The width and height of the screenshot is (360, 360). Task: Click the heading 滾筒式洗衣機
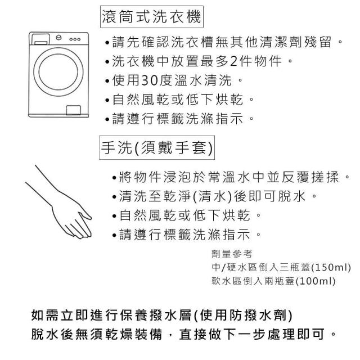click(151, 16)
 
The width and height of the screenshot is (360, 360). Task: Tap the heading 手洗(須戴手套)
click(157, 147)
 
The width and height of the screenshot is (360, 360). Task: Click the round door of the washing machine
click(58, 72)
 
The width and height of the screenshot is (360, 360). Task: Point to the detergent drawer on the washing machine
click(40, 39)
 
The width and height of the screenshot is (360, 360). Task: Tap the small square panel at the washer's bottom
click(74, 110)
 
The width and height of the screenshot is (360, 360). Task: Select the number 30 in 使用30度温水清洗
click(150, 80)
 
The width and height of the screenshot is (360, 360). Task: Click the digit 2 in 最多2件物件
click(233, 61)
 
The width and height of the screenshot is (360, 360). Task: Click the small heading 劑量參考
click(232, 254)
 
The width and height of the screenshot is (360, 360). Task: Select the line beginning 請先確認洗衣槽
click(223, 42)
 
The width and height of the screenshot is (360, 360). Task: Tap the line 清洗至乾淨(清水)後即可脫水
click(214, 196)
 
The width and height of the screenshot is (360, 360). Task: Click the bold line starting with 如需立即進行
click(161, 315)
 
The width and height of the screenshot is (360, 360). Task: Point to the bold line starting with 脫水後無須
click(184, 334)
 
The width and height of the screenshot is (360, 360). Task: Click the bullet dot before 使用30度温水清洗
click(107, 81)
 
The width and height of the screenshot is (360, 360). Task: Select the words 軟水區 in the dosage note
click(226, 281)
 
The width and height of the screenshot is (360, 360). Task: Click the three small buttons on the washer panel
click(75, 39)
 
